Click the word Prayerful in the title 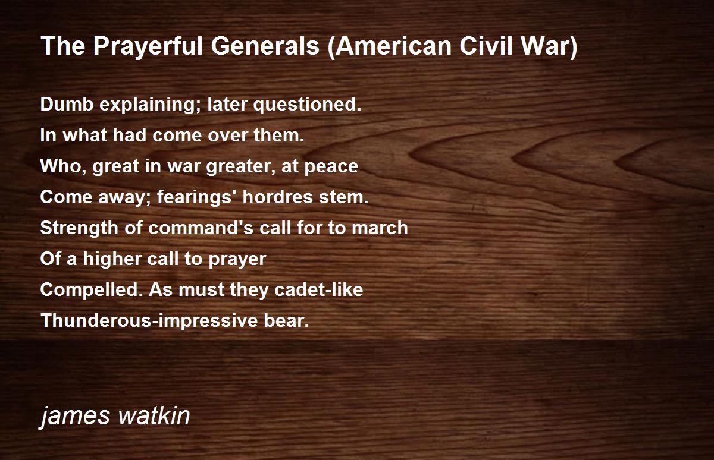point(148,46)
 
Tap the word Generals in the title point(265,46)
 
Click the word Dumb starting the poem point(67,104)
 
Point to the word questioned point(307,105)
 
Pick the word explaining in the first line point(151,105)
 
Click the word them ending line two point(279,135)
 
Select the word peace point(331,167)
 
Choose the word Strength point(79,229)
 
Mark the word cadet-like point(318,289)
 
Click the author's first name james point(74,417)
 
